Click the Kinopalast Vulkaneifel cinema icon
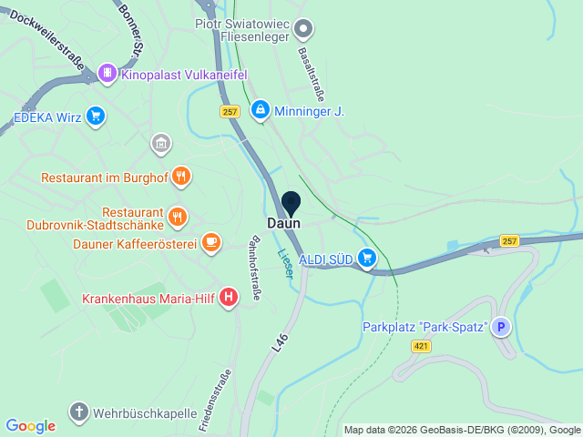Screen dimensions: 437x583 click(107, 73)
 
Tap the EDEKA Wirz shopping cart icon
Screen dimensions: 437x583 click(96, 117)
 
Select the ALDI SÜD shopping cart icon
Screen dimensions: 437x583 click(366, 259)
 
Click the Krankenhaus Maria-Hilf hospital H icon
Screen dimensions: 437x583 click(229, 297)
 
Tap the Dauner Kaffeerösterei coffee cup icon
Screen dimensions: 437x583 click(211, 243)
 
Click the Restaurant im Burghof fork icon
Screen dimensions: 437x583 click(180, 177)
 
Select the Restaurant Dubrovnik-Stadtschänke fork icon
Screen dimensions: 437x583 click(178, 218)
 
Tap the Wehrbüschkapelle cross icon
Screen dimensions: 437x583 click(79, 412)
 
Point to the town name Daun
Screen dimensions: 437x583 click(283, 223)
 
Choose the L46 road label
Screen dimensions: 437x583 click(281, 341)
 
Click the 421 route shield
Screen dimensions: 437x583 click(421, 346)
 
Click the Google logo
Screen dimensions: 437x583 click(30, 426)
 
